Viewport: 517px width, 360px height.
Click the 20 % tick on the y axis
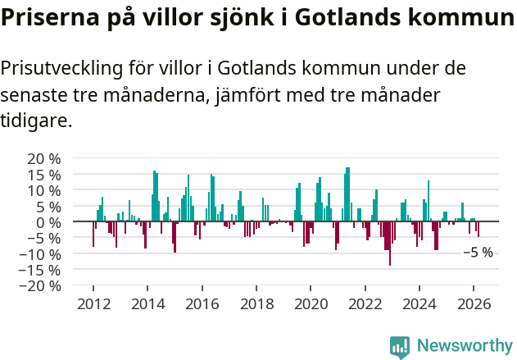pos(43,158)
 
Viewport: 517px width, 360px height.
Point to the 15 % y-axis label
pos(43,175)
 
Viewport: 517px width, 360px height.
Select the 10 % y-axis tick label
pos(43,190)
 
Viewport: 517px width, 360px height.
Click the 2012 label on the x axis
pos(93,303)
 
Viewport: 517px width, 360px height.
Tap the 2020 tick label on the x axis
pos(311,303)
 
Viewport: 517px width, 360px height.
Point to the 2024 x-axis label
pos(419,303)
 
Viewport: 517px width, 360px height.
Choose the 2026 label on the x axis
pos(474,303)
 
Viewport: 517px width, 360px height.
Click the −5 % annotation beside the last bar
pos(478,253)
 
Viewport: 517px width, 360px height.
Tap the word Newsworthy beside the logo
pos(464,346)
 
